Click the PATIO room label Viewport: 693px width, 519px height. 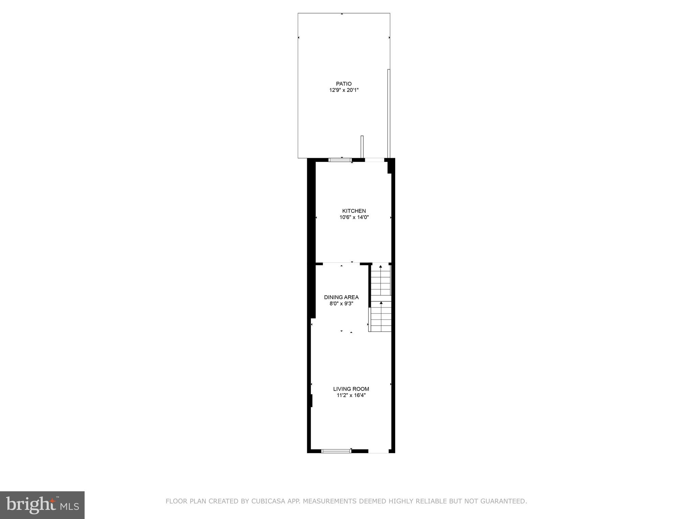[343, 84]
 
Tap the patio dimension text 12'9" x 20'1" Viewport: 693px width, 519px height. [343, 90]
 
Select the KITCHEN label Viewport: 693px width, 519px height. [354, 211]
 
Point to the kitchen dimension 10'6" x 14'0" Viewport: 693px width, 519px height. [354, 218]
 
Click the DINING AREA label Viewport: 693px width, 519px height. [341, 297]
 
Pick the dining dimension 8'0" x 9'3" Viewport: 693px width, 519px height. [341, 304]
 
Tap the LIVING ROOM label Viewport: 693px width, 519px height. [351, 389]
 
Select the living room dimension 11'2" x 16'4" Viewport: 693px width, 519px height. [351, 395]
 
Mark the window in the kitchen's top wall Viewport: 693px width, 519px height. [340, 160]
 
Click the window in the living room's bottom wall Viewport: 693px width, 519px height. [336, 451]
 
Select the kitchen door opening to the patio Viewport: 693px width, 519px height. [374, 160]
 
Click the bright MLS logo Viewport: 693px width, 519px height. [42, 505]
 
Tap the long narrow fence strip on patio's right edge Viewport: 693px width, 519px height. [389, 113]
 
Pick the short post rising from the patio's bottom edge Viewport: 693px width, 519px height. [362, 147]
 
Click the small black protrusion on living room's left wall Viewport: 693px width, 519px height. [311, 401]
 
